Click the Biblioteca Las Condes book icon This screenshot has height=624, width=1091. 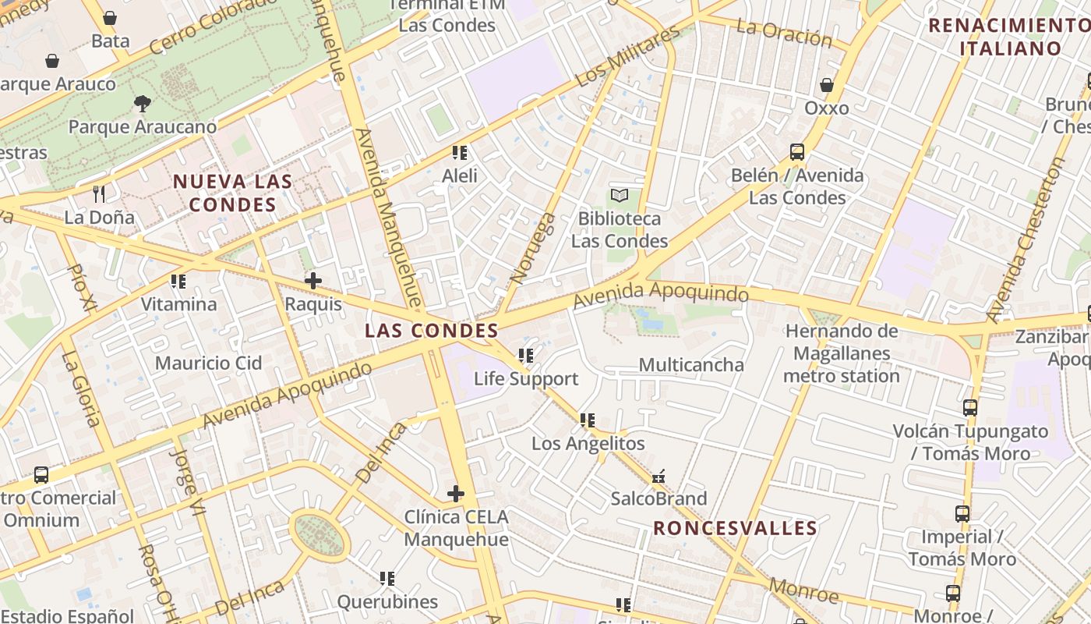620,195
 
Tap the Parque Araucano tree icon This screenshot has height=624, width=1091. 142,103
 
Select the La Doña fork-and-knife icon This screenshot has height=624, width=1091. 99,193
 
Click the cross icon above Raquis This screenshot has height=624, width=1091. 313,280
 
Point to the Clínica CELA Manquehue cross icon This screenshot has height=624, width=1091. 456,493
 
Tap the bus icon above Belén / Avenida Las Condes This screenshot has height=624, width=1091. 797,152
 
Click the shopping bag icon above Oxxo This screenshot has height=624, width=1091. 827,84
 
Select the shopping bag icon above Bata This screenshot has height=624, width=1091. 110,17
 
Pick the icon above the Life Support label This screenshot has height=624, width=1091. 526,356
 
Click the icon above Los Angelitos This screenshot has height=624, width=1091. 588,420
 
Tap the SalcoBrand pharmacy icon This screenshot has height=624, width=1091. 658,475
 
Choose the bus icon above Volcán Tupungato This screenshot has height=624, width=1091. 970,407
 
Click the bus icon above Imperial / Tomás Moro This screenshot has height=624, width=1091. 962,513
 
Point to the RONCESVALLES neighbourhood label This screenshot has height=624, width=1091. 735,528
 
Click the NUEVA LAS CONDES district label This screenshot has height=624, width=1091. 232,193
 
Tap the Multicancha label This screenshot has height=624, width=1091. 691,364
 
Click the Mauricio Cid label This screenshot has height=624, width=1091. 208,363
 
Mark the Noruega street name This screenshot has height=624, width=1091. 533,248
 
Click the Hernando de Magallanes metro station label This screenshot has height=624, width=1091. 842,353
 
